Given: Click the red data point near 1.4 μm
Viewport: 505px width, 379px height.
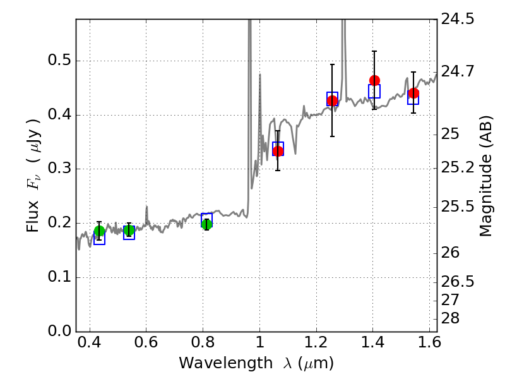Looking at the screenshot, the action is tap(374, 81).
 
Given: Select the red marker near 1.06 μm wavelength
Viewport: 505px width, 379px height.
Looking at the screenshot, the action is tap(278, 151).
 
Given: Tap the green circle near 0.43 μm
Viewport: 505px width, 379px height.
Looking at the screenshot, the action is tap(100, 231).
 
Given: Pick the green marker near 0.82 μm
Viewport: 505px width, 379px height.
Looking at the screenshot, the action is tap(207, 224).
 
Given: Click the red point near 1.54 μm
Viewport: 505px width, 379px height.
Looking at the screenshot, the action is tap(413, 93).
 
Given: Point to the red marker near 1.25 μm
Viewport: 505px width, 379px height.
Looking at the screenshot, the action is tap(333, 101).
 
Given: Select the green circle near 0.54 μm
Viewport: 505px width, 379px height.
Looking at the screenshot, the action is tap(129, 230).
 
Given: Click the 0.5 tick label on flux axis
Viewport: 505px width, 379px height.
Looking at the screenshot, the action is tap(59, 60).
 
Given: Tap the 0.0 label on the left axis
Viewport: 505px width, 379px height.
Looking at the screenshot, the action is tap(59, 331).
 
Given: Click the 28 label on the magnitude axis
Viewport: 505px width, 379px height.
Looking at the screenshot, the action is tap(450, 318).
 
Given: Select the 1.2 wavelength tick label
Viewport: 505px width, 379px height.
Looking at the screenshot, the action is tap(316, 342).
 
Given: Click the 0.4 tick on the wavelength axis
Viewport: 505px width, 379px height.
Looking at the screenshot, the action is tap(90, 342).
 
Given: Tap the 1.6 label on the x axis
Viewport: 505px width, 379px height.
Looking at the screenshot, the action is tap(429, 342).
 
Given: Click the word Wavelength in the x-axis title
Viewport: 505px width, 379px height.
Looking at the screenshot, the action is tap(226, 363).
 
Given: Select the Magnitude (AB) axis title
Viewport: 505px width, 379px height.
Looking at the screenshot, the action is tap(486, 176).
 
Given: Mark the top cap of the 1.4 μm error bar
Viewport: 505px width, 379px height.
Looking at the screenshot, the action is tap(374, 51).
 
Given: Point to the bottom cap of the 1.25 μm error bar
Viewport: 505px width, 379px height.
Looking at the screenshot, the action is tap(333, 136).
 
